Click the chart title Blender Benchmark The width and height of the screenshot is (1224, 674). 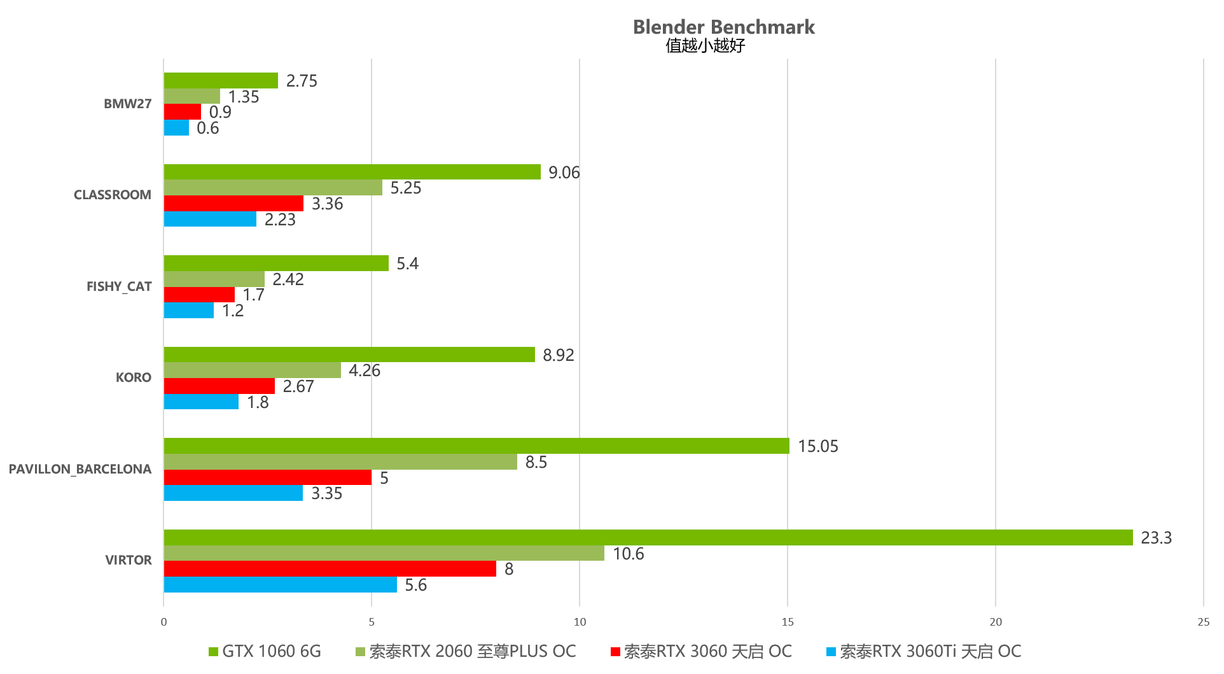click(723, 27)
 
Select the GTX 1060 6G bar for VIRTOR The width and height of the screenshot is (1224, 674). click(648, 538)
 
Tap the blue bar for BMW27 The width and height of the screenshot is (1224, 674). click(176, 128)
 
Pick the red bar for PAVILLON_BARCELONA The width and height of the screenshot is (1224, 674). click(267, 477)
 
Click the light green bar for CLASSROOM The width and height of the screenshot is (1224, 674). click(272, 188)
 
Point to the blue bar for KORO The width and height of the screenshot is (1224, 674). click(201, 402)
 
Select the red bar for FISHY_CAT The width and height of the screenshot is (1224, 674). click(199, 295)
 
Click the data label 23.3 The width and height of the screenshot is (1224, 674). click(1156, 538)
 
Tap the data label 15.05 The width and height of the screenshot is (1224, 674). click(817, 446)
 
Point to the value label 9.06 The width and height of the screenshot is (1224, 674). click(564, 172)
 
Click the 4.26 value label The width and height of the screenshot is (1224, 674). click(364, 370)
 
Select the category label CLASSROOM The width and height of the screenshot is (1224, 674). click(113, 195)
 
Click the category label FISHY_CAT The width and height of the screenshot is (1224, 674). click(119, 286)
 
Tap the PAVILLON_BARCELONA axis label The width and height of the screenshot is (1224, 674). click(80, 469)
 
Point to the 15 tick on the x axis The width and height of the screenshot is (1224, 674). click(788, 622)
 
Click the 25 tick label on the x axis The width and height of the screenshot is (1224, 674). click(1203, 622)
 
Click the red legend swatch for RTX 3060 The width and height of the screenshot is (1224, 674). click(615, 652)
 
